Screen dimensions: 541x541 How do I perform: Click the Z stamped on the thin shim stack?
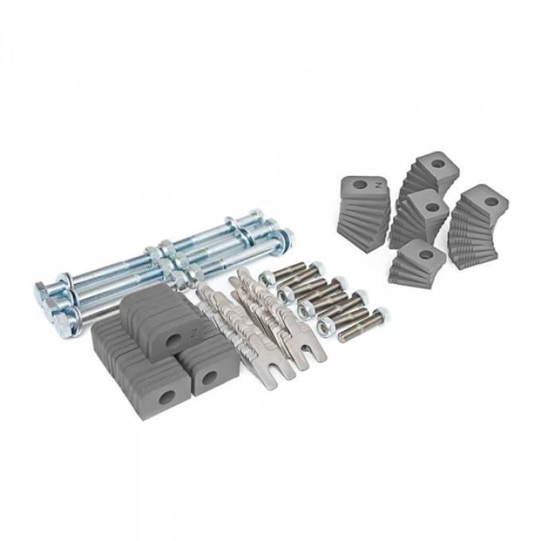click(378, 183)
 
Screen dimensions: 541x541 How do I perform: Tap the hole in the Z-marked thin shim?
click(360, 185)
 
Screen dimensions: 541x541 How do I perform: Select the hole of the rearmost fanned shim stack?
click(436, 165)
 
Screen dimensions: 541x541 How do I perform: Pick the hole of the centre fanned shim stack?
click(430, 207)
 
